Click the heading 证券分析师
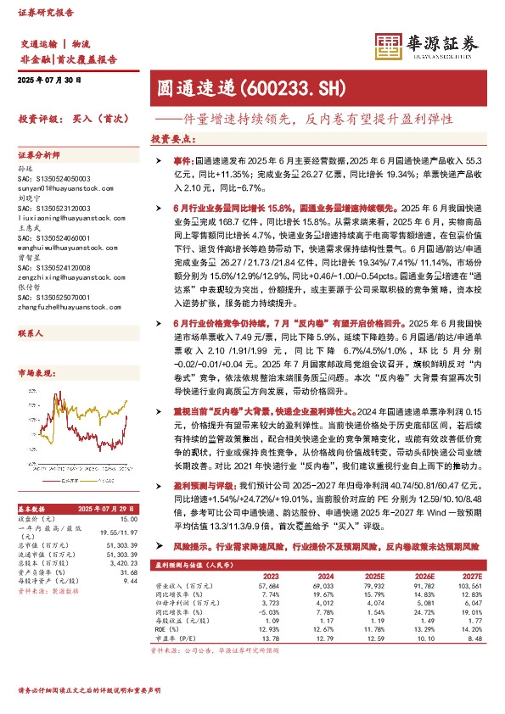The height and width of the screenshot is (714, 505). [x=38, y=156]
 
